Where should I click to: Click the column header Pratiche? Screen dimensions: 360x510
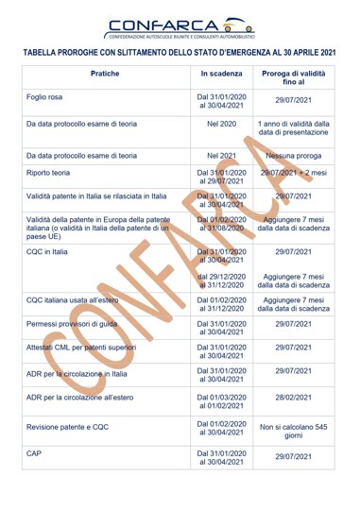point(105,73)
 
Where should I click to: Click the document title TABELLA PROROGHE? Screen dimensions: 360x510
point(180,54)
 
